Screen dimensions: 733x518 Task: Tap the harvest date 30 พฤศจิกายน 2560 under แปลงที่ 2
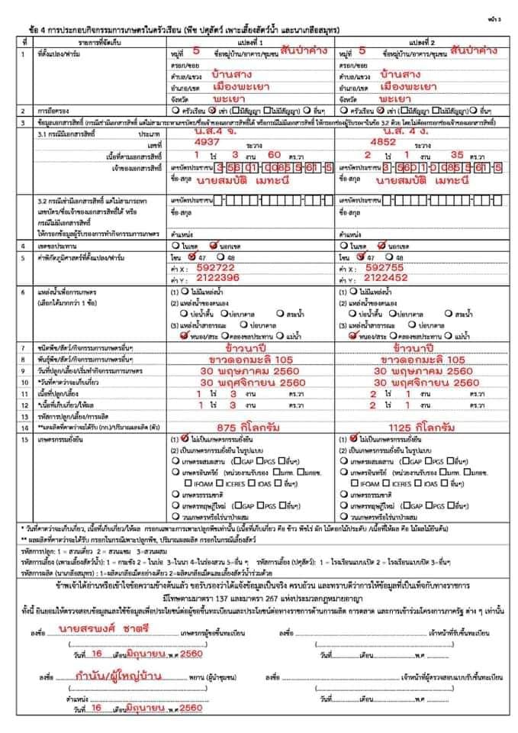pos(423,382)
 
